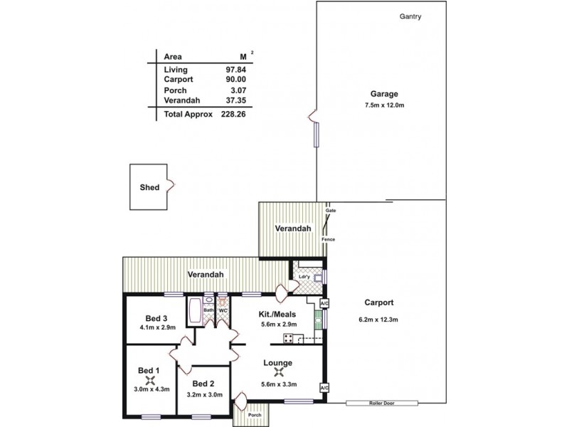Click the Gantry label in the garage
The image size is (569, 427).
coord(410,17)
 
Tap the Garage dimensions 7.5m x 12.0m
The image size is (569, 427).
coord(383,105)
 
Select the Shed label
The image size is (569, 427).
coord(149,188)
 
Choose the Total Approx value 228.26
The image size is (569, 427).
coord(233,114)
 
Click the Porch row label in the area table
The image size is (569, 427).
coord(175,90)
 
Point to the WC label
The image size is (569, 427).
coord(223,310)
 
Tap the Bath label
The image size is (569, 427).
coord(209,310)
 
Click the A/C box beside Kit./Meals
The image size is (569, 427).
coord(324,304)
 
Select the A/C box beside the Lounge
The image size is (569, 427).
coord(324,388)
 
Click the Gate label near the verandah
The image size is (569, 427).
coord(330,211)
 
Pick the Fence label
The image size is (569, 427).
coord(328,238)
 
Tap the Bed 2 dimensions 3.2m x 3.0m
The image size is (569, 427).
coord(205,395)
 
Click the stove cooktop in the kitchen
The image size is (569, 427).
coord(289,337)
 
